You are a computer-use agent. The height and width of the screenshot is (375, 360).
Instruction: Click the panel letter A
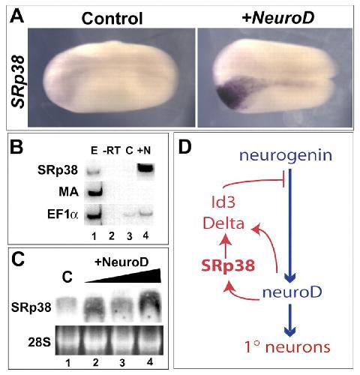coord(17,16)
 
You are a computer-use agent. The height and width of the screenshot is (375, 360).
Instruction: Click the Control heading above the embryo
coord(112,19)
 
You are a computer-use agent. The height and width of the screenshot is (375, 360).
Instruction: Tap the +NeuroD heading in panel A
coord(278,18)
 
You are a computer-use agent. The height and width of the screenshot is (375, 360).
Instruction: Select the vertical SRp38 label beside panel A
coord(19,82)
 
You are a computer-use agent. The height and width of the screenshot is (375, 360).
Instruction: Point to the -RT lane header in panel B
coord(112,151)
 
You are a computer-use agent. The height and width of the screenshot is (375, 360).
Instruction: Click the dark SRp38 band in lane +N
coord(145,168)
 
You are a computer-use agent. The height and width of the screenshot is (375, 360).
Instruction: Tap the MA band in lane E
coord(94,192)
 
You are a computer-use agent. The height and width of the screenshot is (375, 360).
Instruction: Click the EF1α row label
coord(63,214)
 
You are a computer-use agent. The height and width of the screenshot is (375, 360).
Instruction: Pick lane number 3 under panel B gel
coord(129,236)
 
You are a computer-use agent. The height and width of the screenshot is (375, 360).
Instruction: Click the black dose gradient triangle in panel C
coord(123,275)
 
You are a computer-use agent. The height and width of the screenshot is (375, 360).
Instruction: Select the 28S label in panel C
coord(40,342)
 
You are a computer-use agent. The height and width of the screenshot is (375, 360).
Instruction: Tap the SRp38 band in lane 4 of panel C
coord(149,304)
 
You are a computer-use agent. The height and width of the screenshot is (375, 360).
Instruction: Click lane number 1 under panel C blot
coord(68,362)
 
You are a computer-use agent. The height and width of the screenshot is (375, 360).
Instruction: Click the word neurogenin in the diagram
coord(286,156)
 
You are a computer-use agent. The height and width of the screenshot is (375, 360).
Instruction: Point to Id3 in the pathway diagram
coord(223,202)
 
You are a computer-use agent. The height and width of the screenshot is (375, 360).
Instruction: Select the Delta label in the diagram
coord(223,223)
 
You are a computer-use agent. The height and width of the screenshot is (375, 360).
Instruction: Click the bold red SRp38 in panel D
coord(228,265)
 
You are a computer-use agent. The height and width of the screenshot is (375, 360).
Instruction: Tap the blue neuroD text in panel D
coord(292,292)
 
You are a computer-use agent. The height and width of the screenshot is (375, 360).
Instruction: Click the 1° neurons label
coord(287,347)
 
